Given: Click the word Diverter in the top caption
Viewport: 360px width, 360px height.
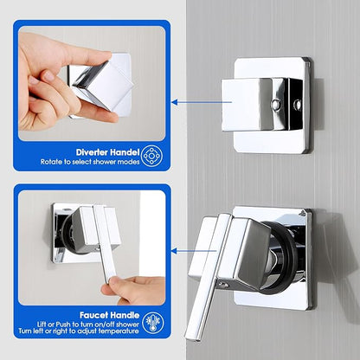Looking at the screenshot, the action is (93, 152).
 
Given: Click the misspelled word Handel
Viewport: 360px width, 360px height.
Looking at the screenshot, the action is (125, 152).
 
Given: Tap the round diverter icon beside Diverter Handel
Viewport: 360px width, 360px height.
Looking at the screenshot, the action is (152, 156).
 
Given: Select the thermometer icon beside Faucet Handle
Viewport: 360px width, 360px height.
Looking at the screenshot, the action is (153, 323).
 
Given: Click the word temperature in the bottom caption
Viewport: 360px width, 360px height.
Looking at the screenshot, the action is (119, 331).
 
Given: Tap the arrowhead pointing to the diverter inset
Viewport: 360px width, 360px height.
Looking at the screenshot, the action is (174, 102).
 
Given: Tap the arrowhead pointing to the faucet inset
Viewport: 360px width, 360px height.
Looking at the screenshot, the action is (174, 251).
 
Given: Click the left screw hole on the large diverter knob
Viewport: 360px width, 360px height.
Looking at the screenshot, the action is (276, 104).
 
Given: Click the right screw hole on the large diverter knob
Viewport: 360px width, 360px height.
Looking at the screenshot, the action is (297, 105).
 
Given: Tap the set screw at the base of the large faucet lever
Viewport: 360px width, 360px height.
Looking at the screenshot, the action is (222, 285).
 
